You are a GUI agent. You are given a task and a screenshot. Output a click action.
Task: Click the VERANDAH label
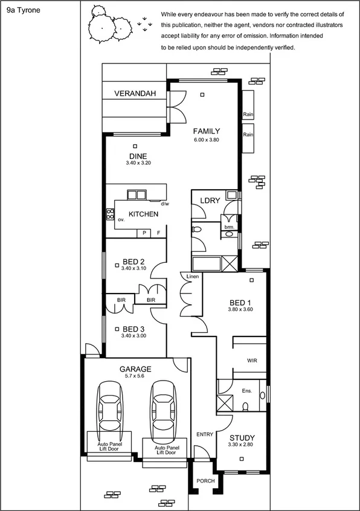(x=135, y=94)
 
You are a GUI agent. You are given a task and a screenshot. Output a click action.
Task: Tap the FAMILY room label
(x=206, y=131)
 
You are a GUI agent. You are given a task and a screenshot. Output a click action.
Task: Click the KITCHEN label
(x=144, y=214)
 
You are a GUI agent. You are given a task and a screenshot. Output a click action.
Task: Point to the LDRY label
(x=210, y=201)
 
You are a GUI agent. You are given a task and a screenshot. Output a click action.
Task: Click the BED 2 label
(x=133, y=261)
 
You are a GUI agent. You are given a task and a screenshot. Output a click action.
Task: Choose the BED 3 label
(x=133, y=329)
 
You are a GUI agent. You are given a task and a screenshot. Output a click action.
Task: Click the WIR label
(x=252, y=360)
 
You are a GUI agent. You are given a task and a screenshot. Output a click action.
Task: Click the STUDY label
(x=242, y=438)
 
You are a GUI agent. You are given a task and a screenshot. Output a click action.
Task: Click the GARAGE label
(x=135, y=368)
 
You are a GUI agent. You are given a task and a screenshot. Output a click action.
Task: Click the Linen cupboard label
(x=193, y=277)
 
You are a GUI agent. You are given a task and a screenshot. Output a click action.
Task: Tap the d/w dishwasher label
(x=164, y=204)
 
